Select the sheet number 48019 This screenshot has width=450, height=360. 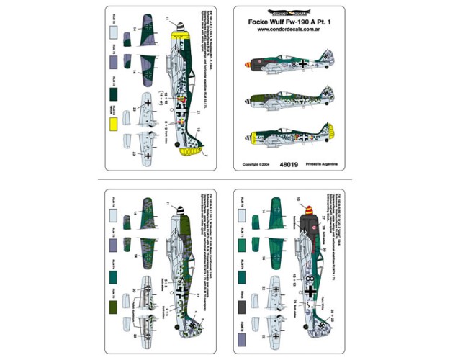[290, 164]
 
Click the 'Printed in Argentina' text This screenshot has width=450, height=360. [325, 164]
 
